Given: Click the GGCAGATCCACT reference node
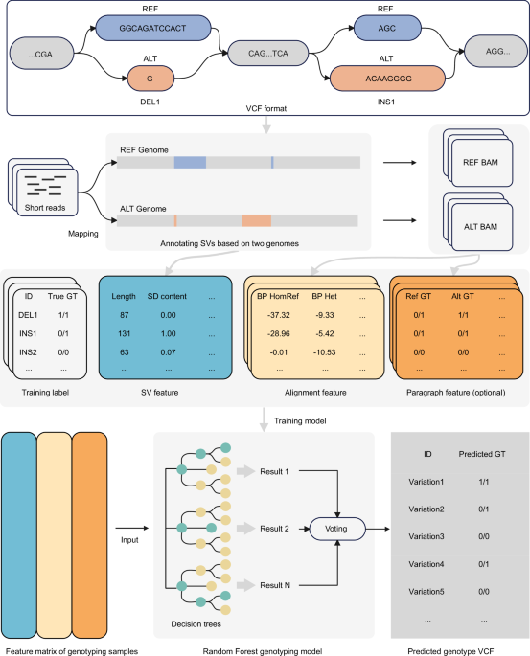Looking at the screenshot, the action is tap(153, 28).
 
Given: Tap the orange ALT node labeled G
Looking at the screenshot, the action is tap(150, 79).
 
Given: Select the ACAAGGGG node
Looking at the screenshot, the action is tap(387, 79).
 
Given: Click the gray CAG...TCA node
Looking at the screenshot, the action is tap(268, 53).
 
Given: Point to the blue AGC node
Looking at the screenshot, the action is tap(387, 28).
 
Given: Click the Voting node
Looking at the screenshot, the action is tap(337, 529).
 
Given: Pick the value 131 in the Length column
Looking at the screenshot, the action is tap(125, 333).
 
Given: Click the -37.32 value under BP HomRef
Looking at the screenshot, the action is tap(279, 315).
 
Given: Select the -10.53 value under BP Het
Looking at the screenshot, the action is tap(325, 352).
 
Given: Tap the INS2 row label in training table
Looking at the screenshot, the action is tap(28, 352).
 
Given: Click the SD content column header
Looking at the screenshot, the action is tap(167, 296).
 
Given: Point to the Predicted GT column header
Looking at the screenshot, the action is tap(482, 454).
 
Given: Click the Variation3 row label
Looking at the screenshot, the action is tap(426, 536).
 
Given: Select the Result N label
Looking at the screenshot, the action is tap(275, 585).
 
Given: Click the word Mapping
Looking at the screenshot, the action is tap(83, 234).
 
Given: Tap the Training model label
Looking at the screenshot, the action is tap(300, 420).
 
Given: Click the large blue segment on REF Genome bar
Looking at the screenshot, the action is tap(190, 163).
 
